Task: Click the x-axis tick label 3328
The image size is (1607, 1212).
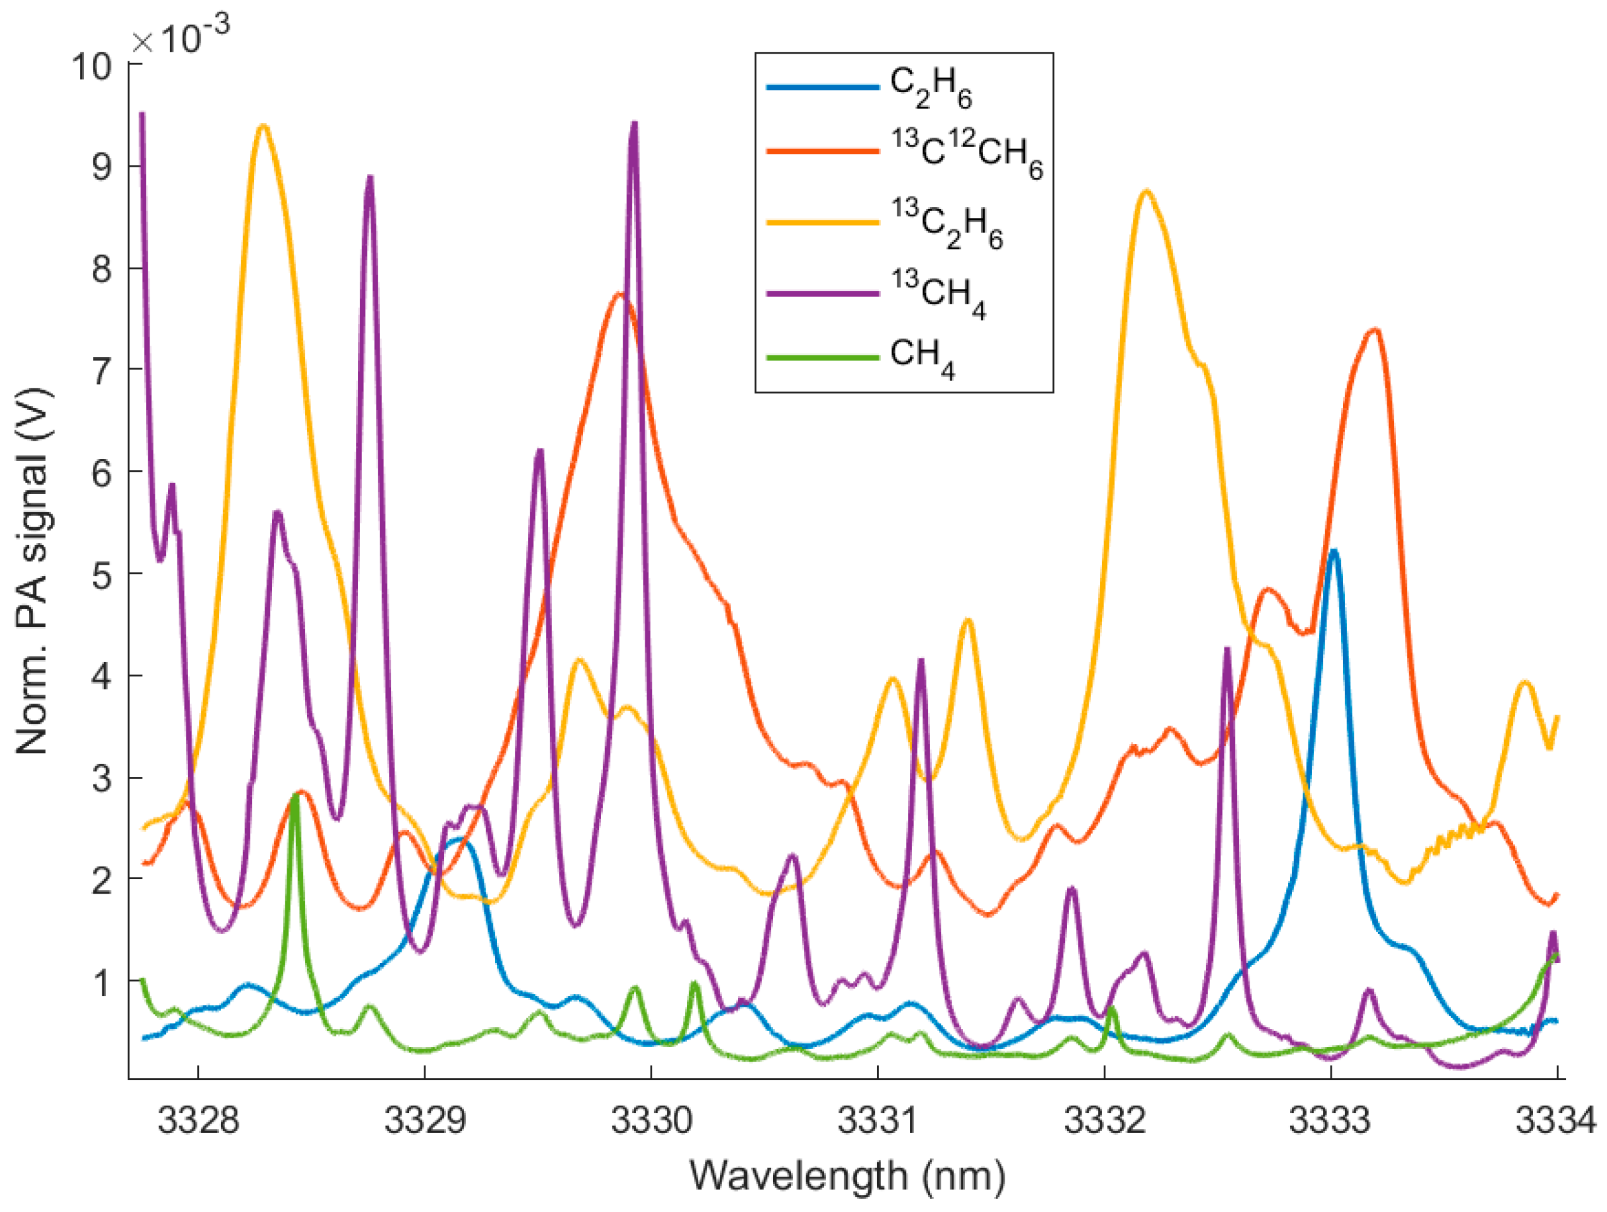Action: pos(198,1120)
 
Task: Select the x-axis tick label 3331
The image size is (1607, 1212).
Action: pos(878,1120)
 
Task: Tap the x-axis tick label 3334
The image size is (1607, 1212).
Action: pos(1555,1120)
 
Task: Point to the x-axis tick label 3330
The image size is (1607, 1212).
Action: pos(651,1120)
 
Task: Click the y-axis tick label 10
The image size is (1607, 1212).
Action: pos(92,67)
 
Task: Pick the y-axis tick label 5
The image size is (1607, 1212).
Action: pos(102,575)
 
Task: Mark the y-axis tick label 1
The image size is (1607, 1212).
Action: pos(102,983)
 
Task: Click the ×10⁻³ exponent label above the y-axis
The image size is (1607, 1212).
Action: pos(181,37)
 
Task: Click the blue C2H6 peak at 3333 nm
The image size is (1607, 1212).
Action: pos(1333,552)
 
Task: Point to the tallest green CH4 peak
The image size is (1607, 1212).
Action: pos(295,796)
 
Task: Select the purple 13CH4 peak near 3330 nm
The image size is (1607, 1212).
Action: pos(634,125)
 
